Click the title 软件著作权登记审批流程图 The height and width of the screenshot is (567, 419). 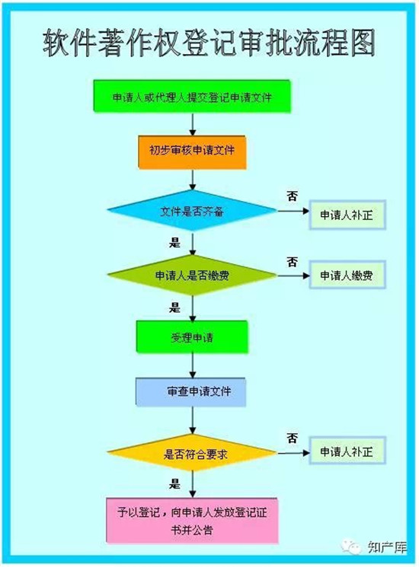tap(209, 43)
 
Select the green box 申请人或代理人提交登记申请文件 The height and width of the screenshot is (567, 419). tap(192, 96)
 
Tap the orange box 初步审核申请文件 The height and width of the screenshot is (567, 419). tap(192, 152)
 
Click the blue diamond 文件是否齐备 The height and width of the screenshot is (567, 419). tap(192, 211)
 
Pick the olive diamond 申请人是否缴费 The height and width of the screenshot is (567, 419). tap(192, 276)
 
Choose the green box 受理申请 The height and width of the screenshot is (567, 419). tap(192, 337)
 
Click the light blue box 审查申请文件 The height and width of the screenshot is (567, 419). tap(190, 392)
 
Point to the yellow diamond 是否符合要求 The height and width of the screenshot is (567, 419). tap(192, 453)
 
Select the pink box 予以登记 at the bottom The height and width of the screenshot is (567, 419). tap(192, 521)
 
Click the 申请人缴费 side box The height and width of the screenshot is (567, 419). tap(347, 276)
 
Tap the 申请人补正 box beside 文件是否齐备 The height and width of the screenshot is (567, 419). tap(347, 215)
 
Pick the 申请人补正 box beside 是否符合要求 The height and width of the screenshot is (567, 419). tap(347, 451)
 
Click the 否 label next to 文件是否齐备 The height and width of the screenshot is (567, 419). tap(293, 196)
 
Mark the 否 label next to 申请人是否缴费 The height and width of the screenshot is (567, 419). tap(293, 262)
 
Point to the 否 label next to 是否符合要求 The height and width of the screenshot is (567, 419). tap(293, 438)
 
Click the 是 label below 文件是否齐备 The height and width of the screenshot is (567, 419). tap(174, 242)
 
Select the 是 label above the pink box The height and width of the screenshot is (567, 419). tap(174, 483)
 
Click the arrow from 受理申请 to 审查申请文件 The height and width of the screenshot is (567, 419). tap(193, 365)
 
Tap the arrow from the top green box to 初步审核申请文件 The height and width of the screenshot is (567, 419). tap(193, 124)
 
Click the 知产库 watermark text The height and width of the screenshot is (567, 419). tap(387, 547)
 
